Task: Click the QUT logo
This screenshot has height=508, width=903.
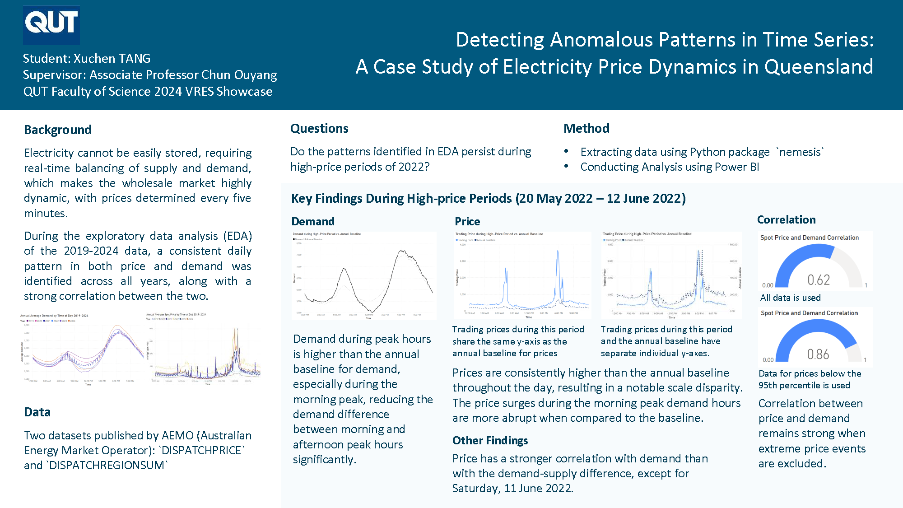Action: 51,25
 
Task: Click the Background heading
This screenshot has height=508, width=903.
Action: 58,130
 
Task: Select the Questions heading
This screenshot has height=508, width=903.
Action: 319,129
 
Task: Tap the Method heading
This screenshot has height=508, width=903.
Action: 586,129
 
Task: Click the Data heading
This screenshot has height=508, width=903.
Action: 37,412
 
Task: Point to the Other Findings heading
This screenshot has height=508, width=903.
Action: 490,441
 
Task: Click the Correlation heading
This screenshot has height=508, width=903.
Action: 786,220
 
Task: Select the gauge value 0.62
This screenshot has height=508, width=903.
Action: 818,280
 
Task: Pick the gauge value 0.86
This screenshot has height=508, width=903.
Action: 818,354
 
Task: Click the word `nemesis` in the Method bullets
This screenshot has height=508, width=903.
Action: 800,152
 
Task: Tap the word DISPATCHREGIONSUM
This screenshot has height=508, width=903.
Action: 107,466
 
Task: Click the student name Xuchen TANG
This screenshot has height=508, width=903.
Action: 112,59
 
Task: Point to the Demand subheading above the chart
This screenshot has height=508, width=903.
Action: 313,222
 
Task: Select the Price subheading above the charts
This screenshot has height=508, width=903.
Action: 467,222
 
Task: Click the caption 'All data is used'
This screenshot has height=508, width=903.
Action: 790,298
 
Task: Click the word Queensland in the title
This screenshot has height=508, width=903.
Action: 819,67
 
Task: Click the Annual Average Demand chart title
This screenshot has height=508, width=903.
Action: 54,316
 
